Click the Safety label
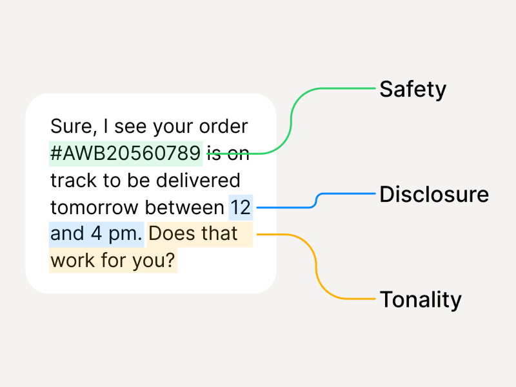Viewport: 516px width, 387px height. click(412, 89)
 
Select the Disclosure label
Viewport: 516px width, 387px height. click(433, 194)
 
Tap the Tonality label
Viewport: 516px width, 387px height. click(421, 299)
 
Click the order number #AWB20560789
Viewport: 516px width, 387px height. click(126, 154)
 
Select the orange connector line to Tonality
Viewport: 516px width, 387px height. click(316, 264)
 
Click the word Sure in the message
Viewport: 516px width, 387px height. click(71, 126)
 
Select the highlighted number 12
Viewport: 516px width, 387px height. click(241, 207)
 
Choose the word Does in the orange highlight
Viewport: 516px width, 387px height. click(171, 233)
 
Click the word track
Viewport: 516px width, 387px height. click(72, 180)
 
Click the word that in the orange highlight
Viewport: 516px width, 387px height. click(219, 233)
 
